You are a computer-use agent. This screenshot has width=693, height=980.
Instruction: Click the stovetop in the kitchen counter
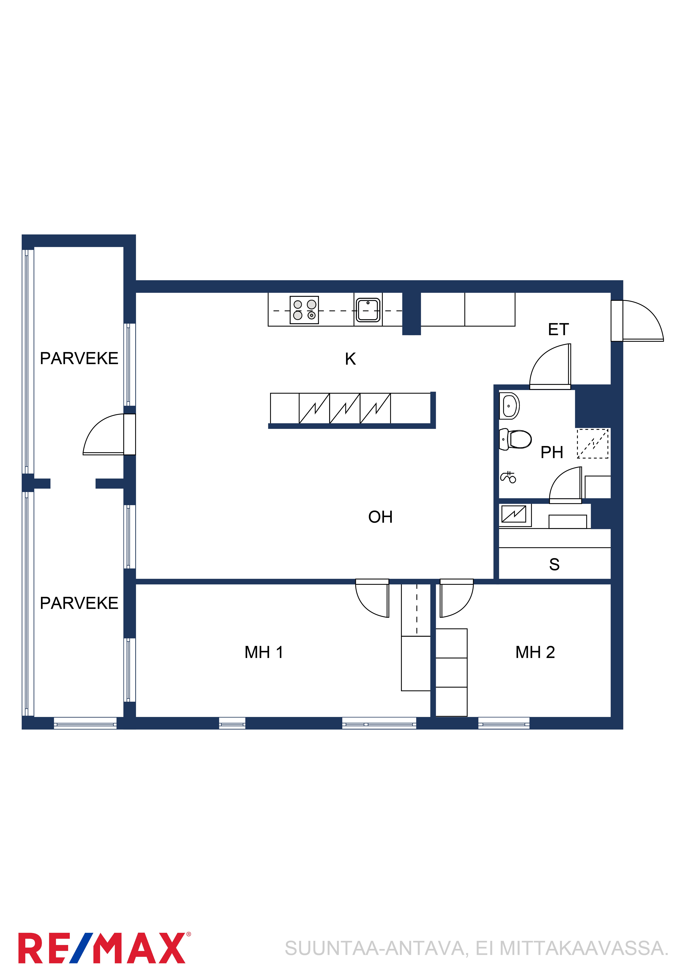(x=304, y=310)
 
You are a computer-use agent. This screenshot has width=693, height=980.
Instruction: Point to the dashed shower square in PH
(x=593, y=443)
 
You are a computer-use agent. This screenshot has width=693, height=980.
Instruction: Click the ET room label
(x=558, y=330)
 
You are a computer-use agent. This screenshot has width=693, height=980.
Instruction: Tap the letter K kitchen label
(x=351, y=359)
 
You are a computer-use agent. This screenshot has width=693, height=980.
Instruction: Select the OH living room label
(x=380, y=517)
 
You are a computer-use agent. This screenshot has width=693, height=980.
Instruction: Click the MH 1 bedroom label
(x=264, y=652)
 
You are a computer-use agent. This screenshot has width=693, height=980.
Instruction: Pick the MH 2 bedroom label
(x=535, y=652)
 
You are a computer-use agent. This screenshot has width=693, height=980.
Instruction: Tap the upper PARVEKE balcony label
(x=79, y=358)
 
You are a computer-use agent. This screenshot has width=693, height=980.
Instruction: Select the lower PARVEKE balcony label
(x=79, y=603)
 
